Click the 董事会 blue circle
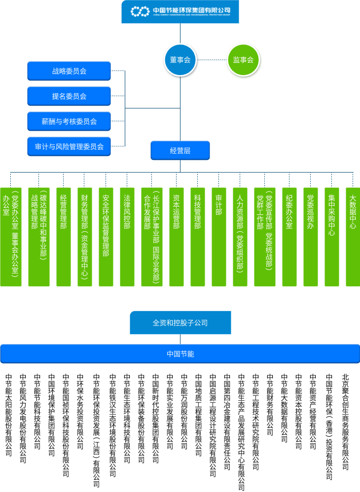click(180, 60)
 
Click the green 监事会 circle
click(243, 60)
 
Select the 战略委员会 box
click(69, 71)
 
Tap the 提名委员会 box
click(69, 96)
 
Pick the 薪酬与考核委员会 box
click(69, 121)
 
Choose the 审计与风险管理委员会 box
click(69, 147)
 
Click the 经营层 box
click(180, 151)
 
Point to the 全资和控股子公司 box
click(180, 323)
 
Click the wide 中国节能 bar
click(180, 354)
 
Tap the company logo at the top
click(180, 11)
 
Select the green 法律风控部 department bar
click(127, 237)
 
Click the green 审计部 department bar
click(219, 237)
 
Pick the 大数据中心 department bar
click(353, 237)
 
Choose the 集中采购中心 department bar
click(332, 237)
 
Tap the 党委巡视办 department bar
click(311, 237)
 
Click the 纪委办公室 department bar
click(289, 237)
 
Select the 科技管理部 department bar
click(198, 237)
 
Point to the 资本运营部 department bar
click(177, 237)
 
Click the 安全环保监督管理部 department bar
click(106, 237)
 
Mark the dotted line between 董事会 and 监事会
click(212, 60)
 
